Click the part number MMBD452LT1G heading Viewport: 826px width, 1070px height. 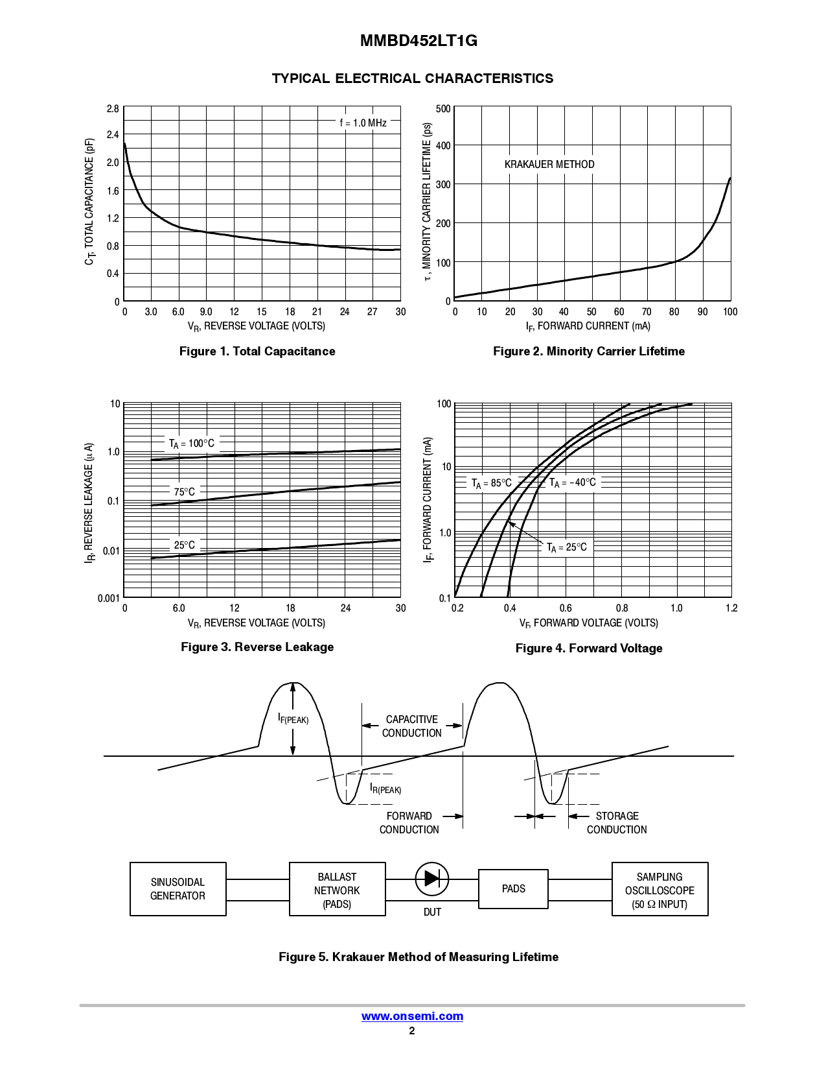[x=419, y=41]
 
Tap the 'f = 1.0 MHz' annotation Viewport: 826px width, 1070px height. [x=363, y=123]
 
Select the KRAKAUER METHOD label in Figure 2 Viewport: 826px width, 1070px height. [x=549, y=165]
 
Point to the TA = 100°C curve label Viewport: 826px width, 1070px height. [x=191, y=444]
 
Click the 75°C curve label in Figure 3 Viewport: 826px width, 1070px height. [x=184, y=492]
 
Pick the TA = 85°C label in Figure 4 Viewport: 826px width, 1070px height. [x=491, y=483]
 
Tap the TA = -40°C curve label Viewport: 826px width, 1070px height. [x=572, y=482]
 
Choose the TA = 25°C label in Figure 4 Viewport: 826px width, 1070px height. [x=566, y=547]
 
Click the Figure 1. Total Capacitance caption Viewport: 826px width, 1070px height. [x=257, y=351]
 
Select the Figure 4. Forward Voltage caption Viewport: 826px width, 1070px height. [x=589, y=648]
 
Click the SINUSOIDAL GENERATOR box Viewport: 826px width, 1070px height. [x=178, y=889]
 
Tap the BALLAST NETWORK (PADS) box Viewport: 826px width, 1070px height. [x=337, y=890]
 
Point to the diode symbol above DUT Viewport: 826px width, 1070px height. [x=432, y=879]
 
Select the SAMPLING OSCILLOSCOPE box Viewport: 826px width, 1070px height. [x=660, y=890]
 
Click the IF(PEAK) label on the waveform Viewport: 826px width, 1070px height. [x=293, y=719]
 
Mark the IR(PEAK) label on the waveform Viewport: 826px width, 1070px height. [x=385, y=789]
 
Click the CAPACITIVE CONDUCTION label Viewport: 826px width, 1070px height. [x=411, y=726]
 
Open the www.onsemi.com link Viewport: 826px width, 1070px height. [x=412, y=1016]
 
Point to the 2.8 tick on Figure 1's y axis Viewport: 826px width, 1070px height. [x=113, y=109]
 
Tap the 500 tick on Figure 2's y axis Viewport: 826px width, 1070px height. [x=443, y=109]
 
